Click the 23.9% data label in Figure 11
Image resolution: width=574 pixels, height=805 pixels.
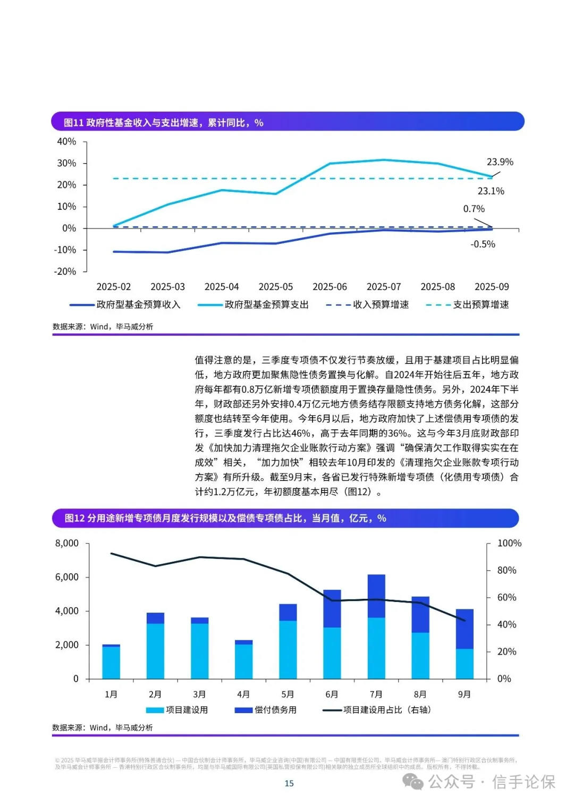pos(500,162)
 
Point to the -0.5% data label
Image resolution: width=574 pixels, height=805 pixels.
pos(483,244)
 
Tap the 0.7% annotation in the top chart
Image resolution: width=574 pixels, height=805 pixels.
pos(474,209)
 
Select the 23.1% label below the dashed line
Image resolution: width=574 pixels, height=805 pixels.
pos(491,191)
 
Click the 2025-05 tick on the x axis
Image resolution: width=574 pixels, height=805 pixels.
pos(275,287)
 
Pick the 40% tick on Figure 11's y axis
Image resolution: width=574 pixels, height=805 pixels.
pos(66,141)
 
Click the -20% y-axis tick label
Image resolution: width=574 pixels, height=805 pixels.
pos(65,272)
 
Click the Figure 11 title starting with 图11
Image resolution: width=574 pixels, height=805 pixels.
pos(163,123)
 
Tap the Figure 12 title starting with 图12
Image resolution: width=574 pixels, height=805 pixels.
pos(225,518)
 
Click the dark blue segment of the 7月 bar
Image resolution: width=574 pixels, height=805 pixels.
pos(376,596)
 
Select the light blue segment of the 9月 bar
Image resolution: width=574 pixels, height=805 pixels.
pos(465,664)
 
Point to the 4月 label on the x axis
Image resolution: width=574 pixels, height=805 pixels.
pos(243,694)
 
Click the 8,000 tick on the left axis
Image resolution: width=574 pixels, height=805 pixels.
pos(67,544)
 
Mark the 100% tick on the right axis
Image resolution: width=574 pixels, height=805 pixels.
pos(509,544)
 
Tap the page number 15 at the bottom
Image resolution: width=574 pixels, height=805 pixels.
pos(289,783)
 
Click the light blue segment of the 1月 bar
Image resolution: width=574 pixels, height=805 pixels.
pos(111,663)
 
